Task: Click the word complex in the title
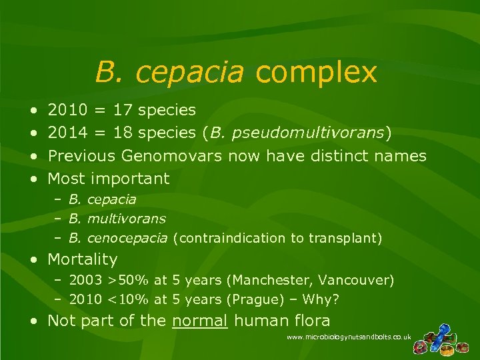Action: tap(316, 72)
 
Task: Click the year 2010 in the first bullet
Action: tap(67, 109)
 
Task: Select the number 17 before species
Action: tap(123, 109)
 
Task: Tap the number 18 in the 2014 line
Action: tap(123, 133)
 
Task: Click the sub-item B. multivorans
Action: tap(117, 218)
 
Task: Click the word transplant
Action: tap(349, 237)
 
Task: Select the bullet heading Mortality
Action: tap(82, 259)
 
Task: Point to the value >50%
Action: tap(119, 279)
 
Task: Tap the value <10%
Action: tap(119, 299)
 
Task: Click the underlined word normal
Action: tap(200, 321)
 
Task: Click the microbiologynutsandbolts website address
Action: tap(349, 338)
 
